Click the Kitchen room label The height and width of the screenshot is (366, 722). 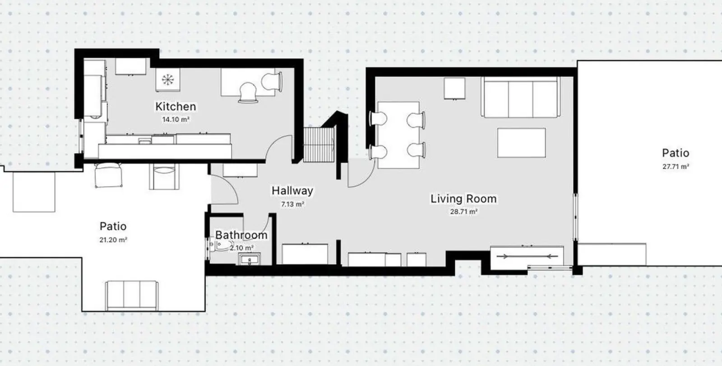click(176, 107)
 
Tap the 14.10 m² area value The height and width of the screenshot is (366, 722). click(176, 119)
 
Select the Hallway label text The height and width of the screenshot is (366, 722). click(292, 191)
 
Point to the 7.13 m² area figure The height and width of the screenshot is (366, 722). click(292, 204)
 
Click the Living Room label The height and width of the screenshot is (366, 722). click(463, 198)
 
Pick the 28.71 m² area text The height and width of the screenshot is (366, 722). click(463, 212)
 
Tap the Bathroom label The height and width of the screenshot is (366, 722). click(241, 235)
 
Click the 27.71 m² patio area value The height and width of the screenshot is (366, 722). click(676, 167)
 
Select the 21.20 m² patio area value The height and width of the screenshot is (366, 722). click(113, 240)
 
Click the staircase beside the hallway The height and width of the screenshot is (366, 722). click(319, 145)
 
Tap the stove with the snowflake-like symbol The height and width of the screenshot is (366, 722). click(167, 80)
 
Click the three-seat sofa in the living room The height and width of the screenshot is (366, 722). click(521, 97)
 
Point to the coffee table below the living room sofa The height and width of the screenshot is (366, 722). click(521, 143)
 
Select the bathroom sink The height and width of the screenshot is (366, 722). click(250, 259)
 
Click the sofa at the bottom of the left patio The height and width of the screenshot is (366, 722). click(132, 296)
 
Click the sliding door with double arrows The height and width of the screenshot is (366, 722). click(527, 257)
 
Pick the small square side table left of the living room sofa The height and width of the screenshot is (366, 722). click(454, 88)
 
